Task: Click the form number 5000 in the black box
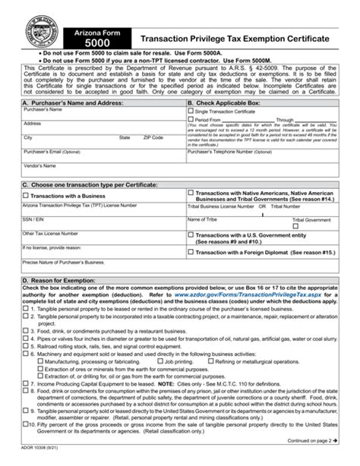87,44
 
